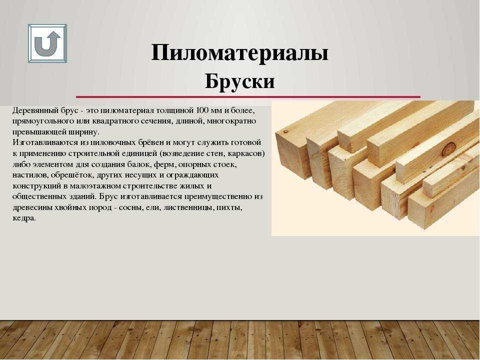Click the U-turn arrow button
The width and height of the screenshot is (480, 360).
click(x=47, y=44)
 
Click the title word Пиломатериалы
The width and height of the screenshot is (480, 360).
click(x=239, y=53)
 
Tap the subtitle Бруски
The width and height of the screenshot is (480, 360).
click(x=239, y=81)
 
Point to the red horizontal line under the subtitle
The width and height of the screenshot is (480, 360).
click(x=248, y=97)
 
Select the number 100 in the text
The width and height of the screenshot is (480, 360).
click(x=202, y=110)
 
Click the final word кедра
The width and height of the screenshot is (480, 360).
click(x=24, y=219)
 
